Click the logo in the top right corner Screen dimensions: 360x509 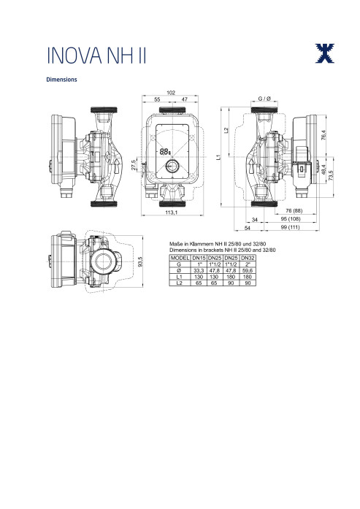(325, 53)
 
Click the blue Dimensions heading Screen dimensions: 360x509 (61, 80)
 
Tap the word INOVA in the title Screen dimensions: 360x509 (74, 56)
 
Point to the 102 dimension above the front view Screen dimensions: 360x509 (171, 93)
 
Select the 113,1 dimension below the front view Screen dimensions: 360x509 (172, 213)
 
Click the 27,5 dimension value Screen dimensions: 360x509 (134, 165)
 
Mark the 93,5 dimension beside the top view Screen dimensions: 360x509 (140, 261)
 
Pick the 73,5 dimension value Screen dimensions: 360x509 (331, 176)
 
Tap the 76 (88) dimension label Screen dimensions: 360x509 (294, 210)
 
